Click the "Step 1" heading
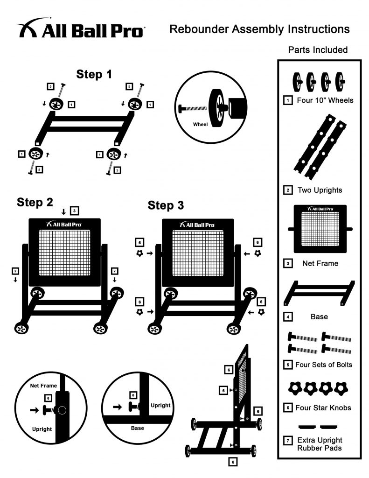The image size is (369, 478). tap(94, 74)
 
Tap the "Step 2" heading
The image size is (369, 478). tap(35, 202)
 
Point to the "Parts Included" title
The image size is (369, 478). tap(318, 50)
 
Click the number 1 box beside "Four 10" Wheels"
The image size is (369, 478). tap(289, 100)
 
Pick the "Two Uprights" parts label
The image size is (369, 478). tap(320, 190)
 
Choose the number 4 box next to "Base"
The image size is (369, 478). tap(289, 317)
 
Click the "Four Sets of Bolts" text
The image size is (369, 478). tap(324, 365)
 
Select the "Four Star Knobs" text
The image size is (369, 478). tap(324, 408)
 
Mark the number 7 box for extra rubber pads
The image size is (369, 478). tap(289, 440)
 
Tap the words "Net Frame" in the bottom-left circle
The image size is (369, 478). tap(43, 386)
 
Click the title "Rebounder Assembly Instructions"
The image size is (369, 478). tap(259, 29)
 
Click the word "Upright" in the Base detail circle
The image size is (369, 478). tap(160, 405)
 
